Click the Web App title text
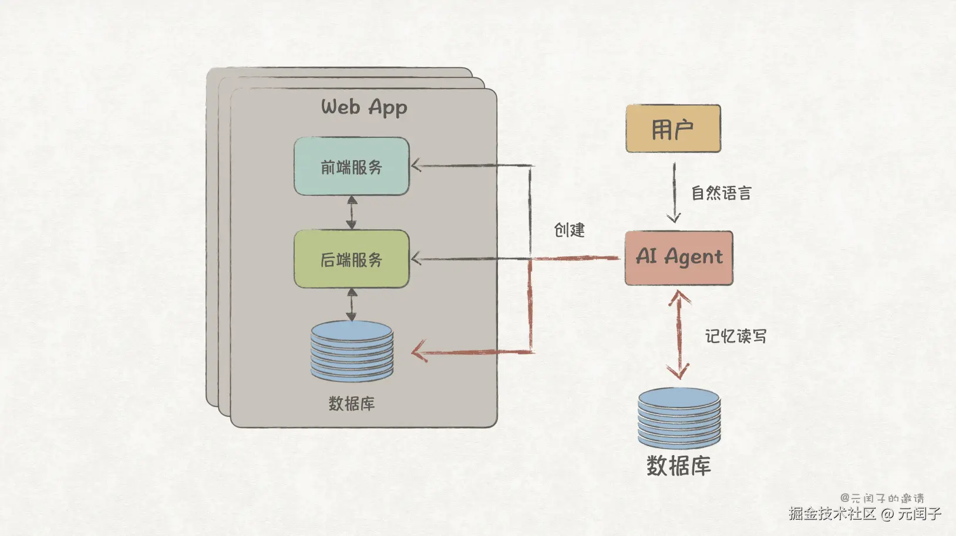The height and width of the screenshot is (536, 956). click(364, 107)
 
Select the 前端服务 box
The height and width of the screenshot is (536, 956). click(352, 166)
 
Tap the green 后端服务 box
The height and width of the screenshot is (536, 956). click(352, 259)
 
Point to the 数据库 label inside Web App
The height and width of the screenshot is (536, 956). click(352, 403)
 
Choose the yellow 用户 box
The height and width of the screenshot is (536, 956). click(674, 128)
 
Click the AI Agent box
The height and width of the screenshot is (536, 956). click(679, 258)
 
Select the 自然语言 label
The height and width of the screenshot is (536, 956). click(721, 193)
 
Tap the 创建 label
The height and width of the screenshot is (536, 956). click(570, 230)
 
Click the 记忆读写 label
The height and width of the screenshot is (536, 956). click(735, 337)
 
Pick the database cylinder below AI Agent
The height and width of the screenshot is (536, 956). click(679, 418)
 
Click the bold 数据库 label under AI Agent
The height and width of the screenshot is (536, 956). click(679, 466)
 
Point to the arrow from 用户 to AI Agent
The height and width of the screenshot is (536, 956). click(674, 192)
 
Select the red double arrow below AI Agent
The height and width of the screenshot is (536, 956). click(679, 335)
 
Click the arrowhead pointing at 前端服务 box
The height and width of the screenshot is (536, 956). click(416, 165)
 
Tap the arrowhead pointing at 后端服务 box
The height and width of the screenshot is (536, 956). click(416, 259)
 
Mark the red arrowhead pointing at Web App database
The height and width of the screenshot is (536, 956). click(419, 351)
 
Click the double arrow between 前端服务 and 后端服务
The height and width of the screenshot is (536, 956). click(352, 213)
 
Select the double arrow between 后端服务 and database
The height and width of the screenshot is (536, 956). click(352, 304)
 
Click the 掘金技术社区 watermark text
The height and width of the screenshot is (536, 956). click(832, 513)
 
